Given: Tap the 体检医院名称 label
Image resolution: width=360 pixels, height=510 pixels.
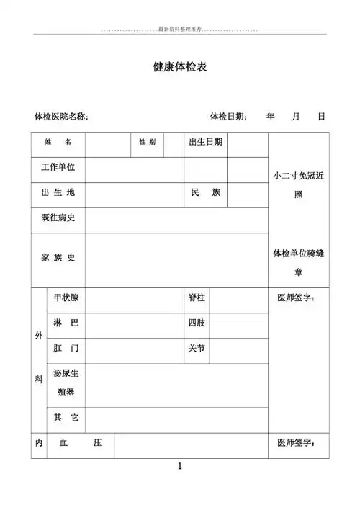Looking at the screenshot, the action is (x=61, y=116).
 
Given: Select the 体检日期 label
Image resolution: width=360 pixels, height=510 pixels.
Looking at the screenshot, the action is (x=228, y=116).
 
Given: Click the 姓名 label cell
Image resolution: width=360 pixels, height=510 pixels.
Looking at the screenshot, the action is (x=58, y=143).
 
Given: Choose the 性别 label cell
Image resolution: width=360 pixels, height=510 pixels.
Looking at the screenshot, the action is (x=147, y=143).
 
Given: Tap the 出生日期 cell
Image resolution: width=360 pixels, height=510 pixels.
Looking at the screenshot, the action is (x=205, y=143).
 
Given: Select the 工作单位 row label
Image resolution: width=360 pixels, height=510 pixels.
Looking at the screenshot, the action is (x=58, y=168).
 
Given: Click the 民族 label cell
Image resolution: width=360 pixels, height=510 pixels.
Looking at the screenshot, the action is (x=205, y=193).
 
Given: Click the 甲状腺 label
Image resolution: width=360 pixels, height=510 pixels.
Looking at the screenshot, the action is (x=66, y=298).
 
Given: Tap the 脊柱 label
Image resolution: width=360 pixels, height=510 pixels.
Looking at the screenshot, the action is (x=197, y=298).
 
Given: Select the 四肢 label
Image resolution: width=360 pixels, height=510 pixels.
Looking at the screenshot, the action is (x=197, y=323).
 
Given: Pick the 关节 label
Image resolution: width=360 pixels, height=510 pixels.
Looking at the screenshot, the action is (x=197, y=349).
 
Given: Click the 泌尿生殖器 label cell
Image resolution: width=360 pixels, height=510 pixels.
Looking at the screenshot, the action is (x=66, y=384).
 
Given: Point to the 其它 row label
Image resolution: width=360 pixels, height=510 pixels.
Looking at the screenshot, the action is (x=66, y=418).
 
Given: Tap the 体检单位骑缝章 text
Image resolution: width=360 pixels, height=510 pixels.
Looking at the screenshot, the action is (x=298, y=262).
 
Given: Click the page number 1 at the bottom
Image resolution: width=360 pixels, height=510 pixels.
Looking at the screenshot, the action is (x=180, y=467).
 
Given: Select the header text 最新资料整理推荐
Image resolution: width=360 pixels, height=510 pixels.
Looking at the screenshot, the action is (x=179, y=30).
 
